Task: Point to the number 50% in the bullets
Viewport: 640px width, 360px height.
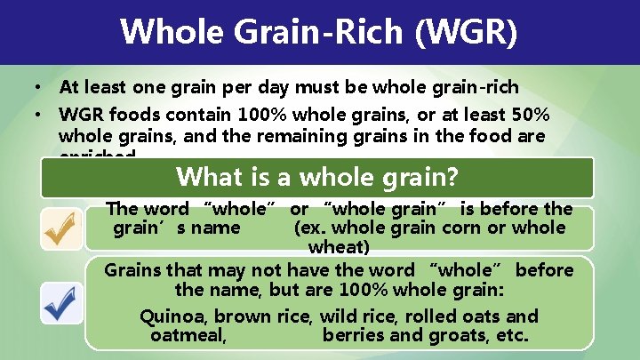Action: click(528, 116)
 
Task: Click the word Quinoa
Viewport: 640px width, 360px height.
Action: click(173, 316)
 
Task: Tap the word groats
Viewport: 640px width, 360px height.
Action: click(460, 335)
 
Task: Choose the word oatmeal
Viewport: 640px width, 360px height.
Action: click(188, 335)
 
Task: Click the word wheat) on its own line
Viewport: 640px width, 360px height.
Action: click(338, 246)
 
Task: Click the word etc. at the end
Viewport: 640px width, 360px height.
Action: click(511, 335)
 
